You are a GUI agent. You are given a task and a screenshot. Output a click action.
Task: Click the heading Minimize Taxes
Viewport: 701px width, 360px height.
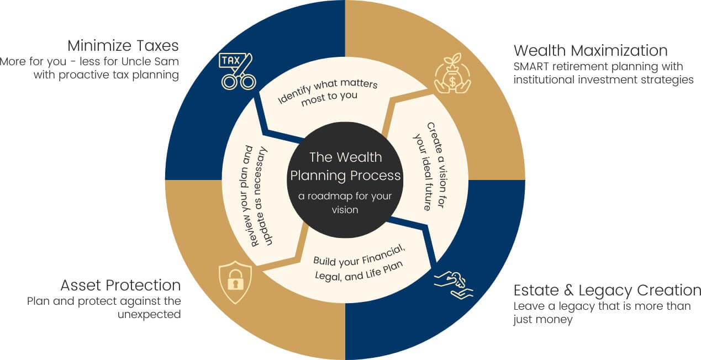click(x=123, y=45)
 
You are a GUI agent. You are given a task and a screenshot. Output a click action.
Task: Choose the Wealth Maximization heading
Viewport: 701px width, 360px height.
click(x=591, y=51)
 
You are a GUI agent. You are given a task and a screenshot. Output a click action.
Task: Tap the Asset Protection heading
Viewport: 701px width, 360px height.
click(x=120, y=285)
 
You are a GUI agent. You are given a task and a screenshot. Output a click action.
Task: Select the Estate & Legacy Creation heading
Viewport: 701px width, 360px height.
click(x=607, y=290)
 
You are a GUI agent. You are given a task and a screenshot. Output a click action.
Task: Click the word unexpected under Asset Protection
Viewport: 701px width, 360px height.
click(x=149, y=314)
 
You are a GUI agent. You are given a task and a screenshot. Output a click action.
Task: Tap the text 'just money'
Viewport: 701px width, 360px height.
click(x=543, y=320)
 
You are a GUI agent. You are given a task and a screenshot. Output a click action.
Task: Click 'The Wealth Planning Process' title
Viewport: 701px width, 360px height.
click(x=345, y=166)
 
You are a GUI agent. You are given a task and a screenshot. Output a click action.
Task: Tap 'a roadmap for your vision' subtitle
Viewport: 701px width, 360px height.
click(x=345, y=203)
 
